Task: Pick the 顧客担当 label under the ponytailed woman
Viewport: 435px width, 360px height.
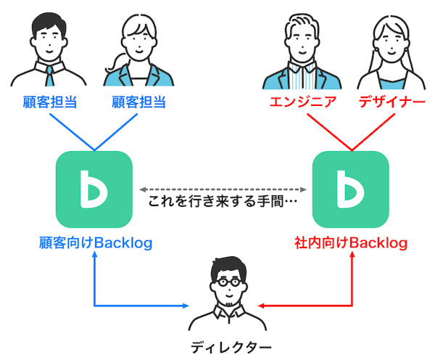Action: click(x=138, y=102)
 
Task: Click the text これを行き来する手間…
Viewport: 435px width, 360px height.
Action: click(x=223, y=200)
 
